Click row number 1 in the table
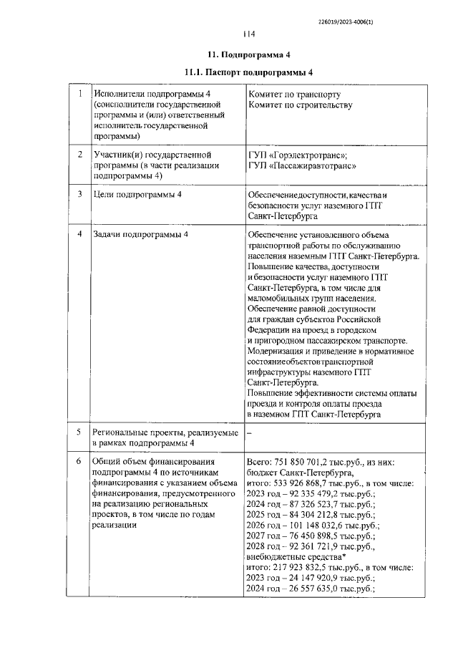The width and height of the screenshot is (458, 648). (x=81, y=94)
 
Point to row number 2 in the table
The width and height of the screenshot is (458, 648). (x=81, y=155)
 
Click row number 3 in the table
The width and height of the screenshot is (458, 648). (x=81, y=194)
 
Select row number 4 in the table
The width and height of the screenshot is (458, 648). (x=81, y=234)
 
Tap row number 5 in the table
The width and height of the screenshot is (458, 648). (x=81, y=432)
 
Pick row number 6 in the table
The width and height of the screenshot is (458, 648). (x=81, y=461)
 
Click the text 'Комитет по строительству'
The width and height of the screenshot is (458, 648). (x=300, y=105)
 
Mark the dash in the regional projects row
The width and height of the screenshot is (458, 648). (x=249, y=432)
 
